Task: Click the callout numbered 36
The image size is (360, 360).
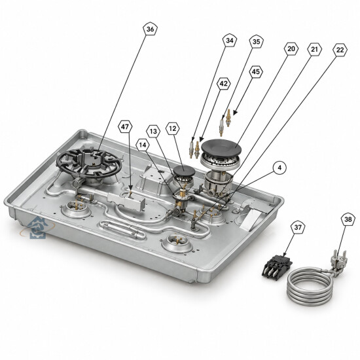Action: pyautogui.click(x=151, y=29)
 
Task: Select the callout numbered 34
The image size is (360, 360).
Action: pyautogui.click(x=230, y=41)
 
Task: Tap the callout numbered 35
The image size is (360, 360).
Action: pyautogui.click(x=256, y=41)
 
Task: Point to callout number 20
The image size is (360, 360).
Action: pyautogui.click(x=291, y=48)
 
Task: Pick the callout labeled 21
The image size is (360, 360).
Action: pyautogui.click(x=315, y=49)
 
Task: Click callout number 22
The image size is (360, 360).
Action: pyautogui.click(x=340, y=50)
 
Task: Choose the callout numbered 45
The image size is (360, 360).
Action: pyautogui.click(x=256, y=71)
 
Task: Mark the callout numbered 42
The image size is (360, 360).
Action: pyautogui.click(x=223, y=84)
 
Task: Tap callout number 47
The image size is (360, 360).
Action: pyautogui.click(x=125, y=126)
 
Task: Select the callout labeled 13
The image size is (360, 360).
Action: pyautogui.click(x=153, y=131)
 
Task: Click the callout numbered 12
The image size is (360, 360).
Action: pyautogui.click(x=172, y=128)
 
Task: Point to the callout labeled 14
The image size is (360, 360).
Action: pyautogui.click(x=143, y=145)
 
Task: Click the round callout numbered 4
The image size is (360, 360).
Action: pyautogui.click(x=279, y=168)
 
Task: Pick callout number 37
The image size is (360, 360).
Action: pyautogui.click(x=298, y=227)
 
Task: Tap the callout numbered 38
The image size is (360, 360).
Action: pyautogui.click(x=348, y=219)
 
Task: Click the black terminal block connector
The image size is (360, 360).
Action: pyautogui.click(x=278, y=267)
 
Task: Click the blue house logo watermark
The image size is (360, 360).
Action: pyautogui.click(x=37, y=228)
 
